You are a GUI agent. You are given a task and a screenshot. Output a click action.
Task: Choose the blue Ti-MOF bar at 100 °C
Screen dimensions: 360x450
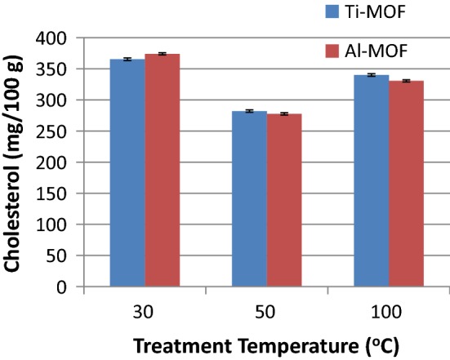point(372,180)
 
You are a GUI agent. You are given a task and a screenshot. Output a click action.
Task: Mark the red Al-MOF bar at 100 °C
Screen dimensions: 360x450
point(406,184)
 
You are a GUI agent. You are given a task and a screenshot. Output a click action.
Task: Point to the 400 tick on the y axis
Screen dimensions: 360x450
point(60,38)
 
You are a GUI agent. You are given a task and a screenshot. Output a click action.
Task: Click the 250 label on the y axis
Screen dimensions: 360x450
point(60,131)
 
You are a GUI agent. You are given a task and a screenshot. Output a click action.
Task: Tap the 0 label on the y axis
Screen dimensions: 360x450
point(72,287)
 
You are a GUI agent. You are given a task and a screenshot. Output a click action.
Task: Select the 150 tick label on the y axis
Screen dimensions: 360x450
point(60,193)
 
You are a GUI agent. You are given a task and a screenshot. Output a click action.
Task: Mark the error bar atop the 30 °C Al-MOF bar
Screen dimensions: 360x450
point(162,54)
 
